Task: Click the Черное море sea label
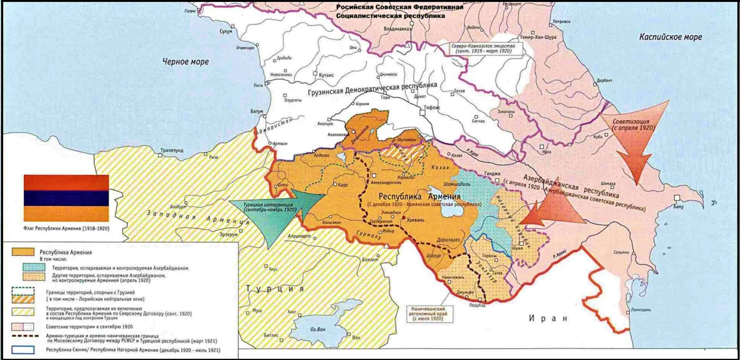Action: [185, 62]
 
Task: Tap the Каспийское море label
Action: [670, 37]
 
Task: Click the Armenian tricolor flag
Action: [66, 198]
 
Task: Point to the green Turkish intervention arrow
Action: [271, 213]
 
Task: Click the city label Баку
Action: [678, 207]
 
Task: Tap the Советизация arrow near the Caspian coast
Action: [635, 132]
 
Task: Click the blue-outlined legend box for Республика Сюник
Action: [23, 350]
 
